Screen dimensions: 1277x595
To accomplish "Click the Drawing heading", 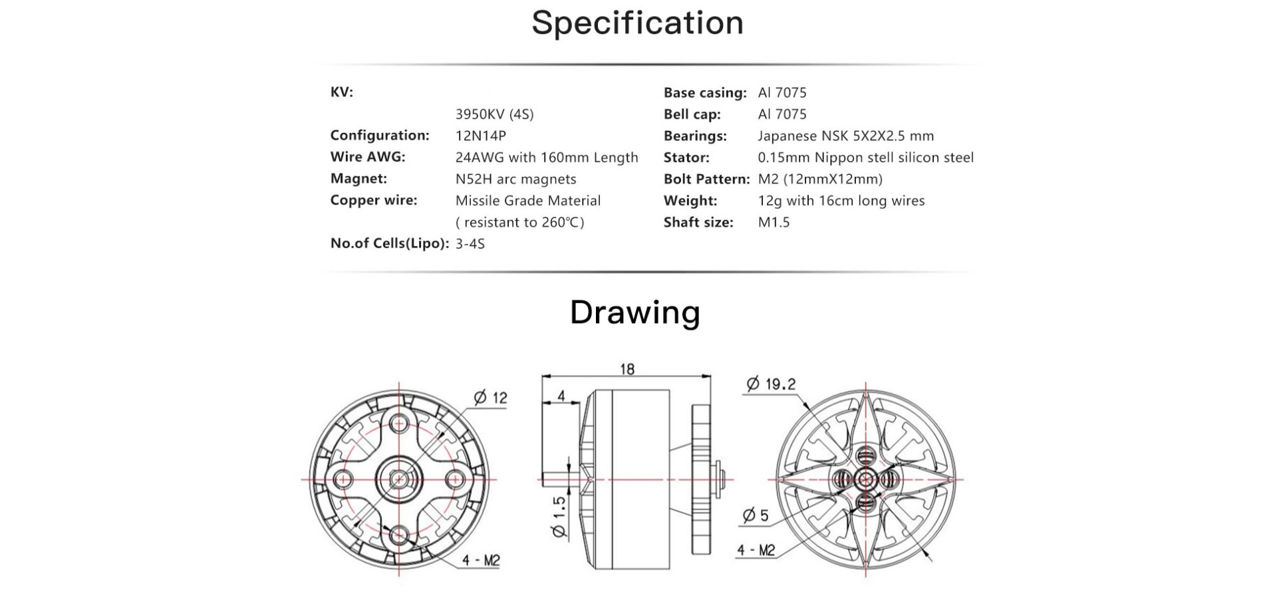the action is click(635, 312).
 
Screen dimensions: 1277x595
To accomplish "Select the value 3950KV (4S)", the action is click(495, 114).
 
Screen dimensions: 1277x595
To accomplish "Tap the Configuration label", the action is click(380, 136).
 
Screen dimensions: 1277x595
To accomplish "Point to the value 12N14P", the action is click(481, 136).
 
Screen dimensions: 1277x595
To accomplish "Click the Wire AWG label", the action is click(368, 157).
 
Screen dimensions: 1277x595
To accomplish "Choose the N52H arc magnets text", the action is click(516, 179).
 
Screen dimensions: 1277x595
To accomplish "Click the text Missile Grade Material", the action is click(528, 201).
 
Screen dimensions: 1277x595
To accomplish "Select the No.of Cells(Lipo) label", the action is click(390, 243).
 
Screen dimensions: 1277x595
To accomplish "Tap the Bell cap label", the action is click(692, 114).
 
